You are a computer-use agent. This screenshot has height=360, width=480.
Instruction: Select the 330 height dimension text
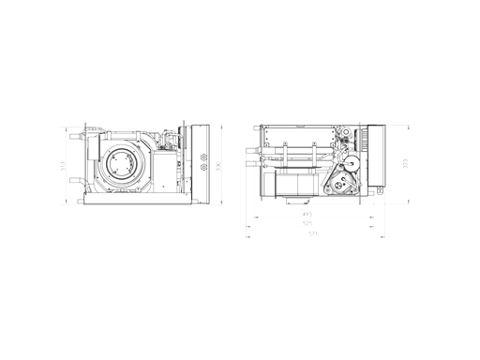pos(217,166)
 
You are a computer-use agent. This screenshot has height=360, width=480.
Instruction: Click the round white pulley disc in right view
pos(348,165)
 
